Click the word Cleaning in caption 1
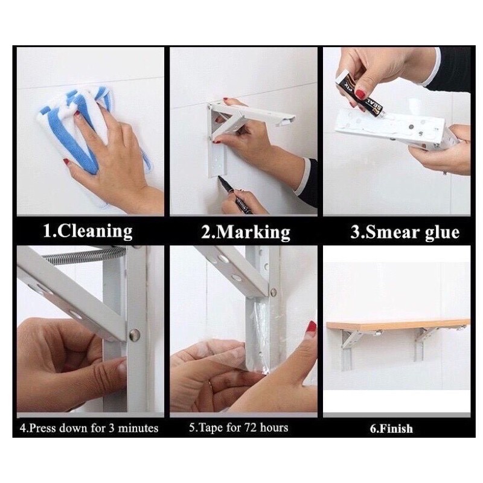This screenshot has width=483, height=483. pyautogui.click(x=95, y=231)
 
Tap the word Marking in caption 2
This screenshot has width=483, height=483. pyautogui.click(x=253, y=232)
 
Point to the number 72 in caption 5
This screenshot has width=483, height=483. pyautogui.click(x=251, y=427)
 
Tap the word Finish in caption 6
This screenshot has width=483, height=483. pyautogui.click(x=395, y=429)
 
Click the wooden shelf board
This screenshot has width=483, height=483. pyautogui.click(x=398, y=325)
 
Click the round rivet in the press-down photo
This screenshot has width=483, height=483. pyautogui.click(x=135, y=334)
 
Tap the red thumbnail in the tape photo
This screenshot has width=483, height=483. pyautogui.click(x=312, y=326)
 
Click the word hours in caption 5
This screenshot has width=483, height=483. pyautogui.click(x=274, y=427)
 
